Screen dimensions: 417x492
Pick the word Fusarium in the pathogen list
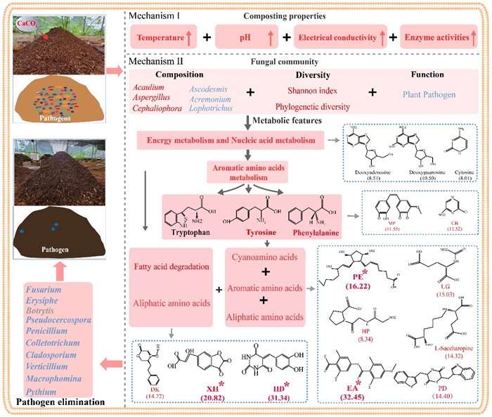point(43,290)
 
